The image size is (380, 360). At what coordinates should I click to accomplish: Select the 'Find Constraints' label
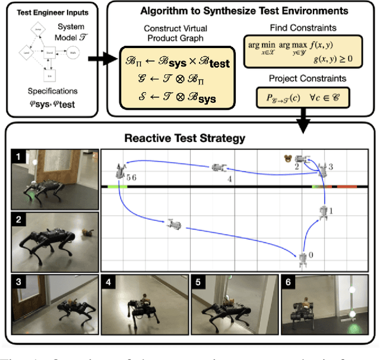pyautogui.click(x=303, y=27)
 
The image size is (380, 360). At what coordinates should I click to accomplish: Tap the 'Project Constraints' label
pyautogui.click(x=303, y=77)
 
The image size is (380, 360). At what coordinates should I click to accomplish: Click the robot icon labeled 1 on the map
pyautogui.click(x=323, y=211)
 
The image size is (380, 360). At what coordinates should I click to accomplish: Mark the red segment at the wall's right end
pyautogui.click(x=347, y=187)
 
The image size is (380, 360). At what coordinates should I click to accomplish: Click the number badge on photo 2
pyautogui.click(x=19, y=219)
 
